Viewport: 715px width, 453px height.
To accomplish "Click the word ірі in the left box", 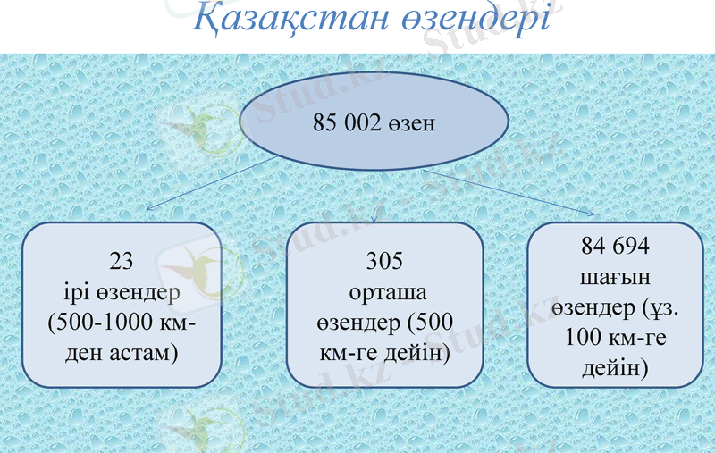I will pos(68,292).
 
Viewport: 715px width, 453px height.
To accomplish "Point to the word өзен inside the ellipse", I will pos(412,123).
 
